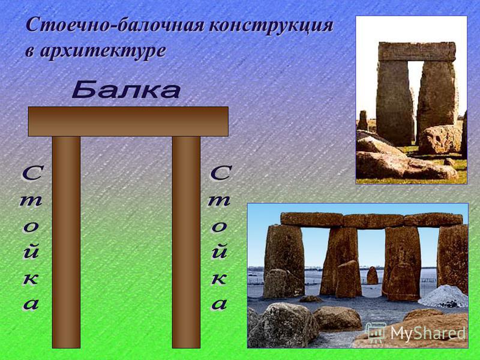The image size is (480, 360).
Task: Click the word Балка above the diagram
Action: pos(126,89)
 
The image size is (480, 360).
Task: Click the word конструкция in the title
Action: pos(271,25)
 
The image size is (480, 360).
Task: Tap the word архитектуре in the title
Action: pos(103,50)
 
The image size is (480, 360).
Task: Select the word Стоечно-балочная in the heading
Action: pos(115,25)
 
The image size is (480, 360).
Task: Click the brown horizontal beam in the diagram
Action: pos(128,121)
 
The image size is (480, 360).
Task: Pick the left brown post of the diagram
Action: pos(66,242)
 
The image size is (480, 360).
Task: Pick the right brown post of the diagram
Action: pos(186,242)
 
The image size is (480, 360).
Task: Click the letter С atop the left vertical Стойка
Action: pos(32,173)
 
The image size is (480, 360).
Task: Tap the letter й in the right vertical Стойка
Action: pos(219,251)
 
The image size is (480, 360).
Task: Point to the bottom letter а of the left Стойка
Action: pos(31,304)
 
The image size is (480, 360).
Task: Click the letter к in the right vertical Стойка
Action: pos(219,278)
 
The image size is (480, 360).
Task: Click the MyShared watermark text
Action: pos(428,333)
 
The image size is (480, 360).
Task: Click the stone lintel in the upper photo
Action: pos(417,52)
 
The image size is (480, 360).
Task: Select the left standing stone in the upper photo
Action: pos(395,103)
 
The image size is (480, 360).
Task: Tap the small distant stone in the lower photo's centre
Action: pos(372,275)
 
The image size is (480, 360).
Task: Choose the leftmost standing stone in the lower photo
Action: pos(284,260)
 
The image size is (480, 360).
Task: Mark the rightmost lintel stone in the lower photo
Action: pos(433,220)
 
